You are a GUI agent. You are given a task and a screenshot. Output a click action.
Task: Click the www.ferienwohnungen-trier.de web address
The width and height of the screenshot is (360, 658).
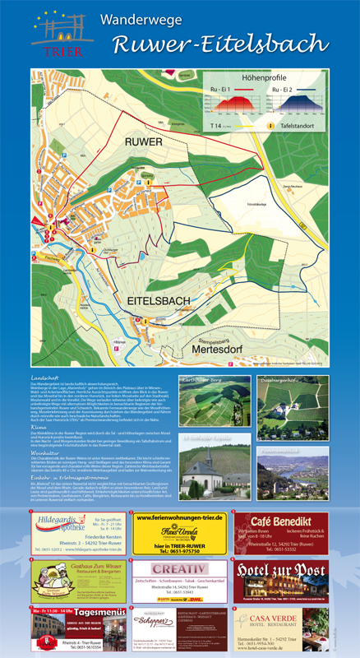coord(179,517)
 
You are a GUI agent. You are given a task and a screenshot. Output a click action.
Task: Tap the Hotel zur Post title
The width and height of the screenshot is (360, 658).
coord(282,570)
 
